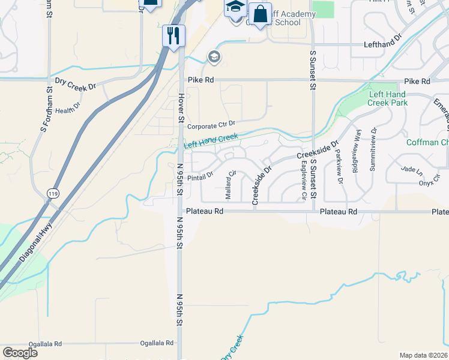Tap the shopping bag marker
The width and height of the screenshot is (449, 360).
(x=260, y=14)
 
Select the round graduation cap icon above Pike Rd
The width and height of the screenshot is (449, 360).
(x=214, y=57)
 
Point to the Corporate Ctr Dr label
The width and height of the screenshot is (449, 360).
(x=211, y=126)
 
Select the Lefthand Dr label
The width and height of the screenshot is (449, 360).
(x=382, y=44)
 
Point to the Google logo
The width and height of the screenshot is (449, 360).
(x=20, y=353)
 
